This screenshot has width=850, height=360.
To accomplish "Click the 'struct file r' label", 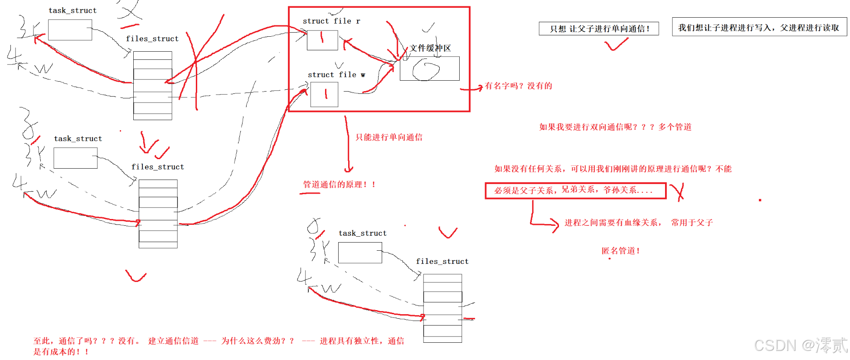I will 331,21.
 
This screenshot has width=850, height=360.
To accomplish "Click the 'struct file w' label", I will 336,75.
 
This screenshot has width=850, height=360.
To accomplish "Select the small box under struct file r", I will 322,40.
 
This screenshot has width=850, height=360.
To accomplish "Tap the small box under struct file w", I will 324,94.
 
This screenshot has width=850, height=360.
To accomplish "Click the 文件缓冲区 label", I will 430,49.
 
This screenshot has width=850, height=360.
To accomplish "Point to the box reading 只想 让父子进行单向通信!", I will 598,29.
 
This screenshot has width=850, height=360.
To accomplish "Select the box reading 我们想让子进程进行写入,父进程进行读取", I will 759,28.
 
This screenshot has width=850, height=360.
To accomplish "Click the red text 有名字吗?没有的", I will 518,86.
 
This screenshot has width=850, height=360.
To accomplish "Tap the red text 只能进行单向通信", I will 389,137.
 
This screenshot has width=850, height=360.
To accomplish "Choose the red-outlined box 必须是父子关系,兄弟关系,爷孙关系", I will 575,190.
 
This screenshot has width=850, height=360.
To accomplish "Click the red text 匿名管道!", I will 621,251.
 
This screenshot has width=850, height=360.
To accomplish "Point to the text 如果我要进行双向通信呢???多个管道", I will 615,127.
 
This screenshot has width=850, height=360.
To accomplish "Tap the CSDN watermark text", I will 800,345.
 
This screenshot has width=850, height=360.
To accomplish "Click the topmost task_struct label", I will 73,10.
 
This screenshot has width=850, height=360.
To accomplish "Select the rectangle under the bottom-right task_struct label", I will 360,253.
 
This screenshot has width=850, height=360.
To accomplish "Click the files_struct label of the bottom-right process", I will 442,262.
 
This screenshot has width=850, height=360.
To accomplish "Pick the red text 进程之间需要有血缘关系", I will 612,223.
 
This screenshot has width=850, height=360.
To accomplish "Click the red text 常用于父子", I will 692,223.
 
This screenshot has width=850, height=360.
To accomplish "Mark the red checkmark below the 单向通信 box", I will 616,44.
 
